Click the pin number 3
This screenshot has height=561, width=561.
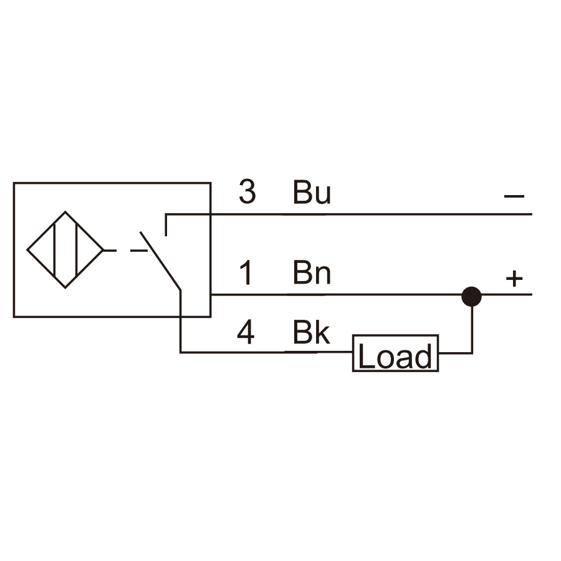pos(247,192)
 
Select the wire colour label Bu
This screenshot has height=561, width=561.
pos(312,192)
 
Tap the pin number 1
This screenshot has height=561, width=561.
pos(247,272)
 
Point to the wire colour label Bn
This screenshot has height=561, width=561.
pos(312,272)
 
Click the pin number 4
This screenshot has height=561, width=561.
pos(246,333)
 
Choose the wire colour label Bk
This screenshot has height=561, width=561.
pos(311,332)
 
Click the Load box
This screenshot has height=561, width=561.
pos(395,353)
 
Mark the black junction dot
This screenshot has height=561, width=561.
pos(472,297)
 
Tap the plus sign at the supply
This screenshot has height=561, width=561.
pos(514,279)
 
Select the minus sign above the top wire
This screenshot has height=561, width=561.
pos(514,196)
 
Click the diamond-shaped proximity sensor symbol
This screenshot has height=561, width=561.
pos(65,250)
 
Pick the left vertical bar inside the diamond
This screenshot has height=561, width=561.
pos(54,250)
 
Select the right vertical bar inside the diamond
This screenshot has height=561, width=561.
pos(77,250)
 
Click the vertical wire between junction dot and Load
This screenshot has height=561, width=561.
pos(472,329)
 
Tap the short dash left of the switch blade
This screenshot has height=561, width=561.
pos(139,251)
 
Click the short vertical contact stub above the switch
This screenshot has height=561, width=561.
pos(166,225)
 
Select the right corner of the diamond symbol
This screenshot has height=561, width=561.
pos(103,250)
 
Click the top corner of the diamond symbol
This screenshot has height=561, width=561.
pos(65,211)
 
